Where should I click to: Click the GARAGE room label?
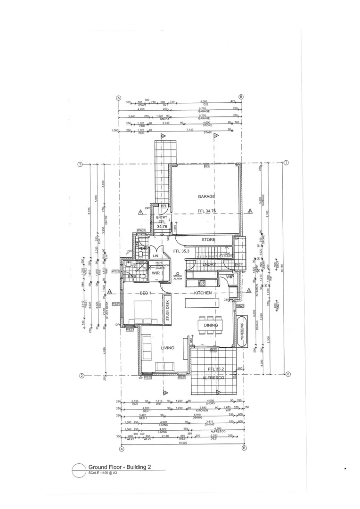tap(206, 196)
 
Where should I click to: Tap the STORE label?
tap(208, 240)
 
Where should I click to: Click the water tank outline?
tap(242, 332)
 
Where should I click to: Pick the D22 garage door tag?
tap(206, 167)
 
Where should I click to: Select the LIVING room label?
tap(167, 348)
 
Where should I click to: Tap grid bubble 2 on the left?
tap(81, 376)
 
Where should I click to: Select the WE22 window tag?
tap(147, 378)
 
